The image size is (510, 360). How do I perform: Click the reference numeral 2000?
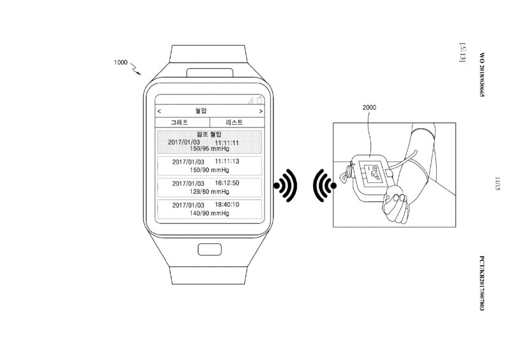(370, 108)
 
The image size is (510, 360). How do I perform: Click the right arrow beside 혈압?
(261, 110)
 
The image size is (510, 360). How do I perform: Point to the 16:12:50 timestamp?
(227, 183)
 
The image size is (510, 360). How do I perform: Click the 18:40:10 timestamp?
(227, 205)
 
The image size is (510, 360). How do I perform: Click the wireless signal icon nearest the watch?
(285, 185)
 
